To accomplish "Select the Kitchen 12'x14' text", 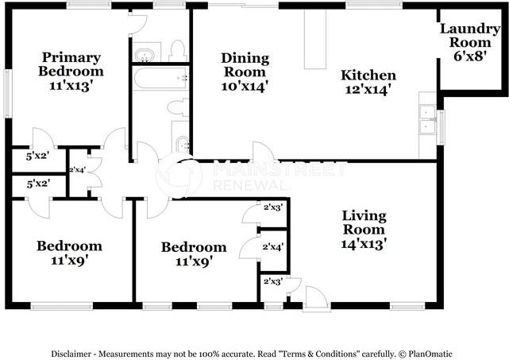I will tap(368, 82).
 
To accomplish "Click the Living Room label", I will tap(364, 230).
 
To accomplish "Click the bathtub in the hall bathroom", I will tap(160, 79).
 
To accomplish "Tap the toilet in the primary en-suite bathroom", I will tap(177, 51).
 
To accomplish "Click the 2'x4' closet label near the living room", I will tap(273, 247).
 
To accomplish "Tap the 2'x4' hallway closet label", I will tap(78, 169).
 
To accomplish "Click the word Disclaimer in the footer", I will tap(75, 353).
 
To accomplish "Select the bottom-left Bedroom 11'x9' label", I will tap(69, 252).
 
